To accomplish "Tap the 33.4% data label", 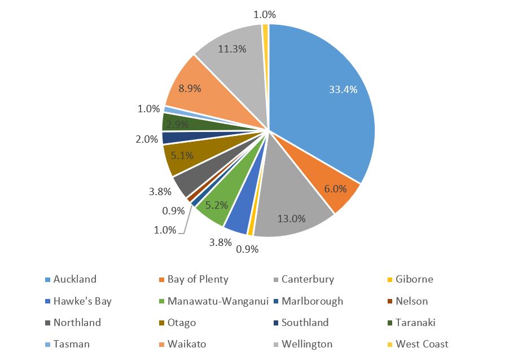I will (343, 89).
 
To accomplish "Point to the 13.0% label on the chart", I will (291, 218).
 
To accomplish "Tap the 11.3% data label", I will (232, 49).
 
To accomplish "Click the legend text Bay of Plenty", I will (197, 279).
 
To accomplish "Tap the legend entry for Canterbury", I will (308, 279).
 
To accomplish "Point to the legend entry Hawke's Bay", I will (82, 301).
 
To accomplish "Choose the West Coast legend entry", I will (422, 344).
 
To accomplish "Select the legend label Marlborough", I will (312, 301).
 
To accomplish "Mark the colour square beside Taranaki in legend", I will (390, 323).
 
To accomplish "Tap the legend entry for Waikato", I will (187, 344).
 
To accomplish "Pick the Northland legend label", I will (77, 323).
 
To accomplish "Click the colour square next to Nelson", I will (390, 302).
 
